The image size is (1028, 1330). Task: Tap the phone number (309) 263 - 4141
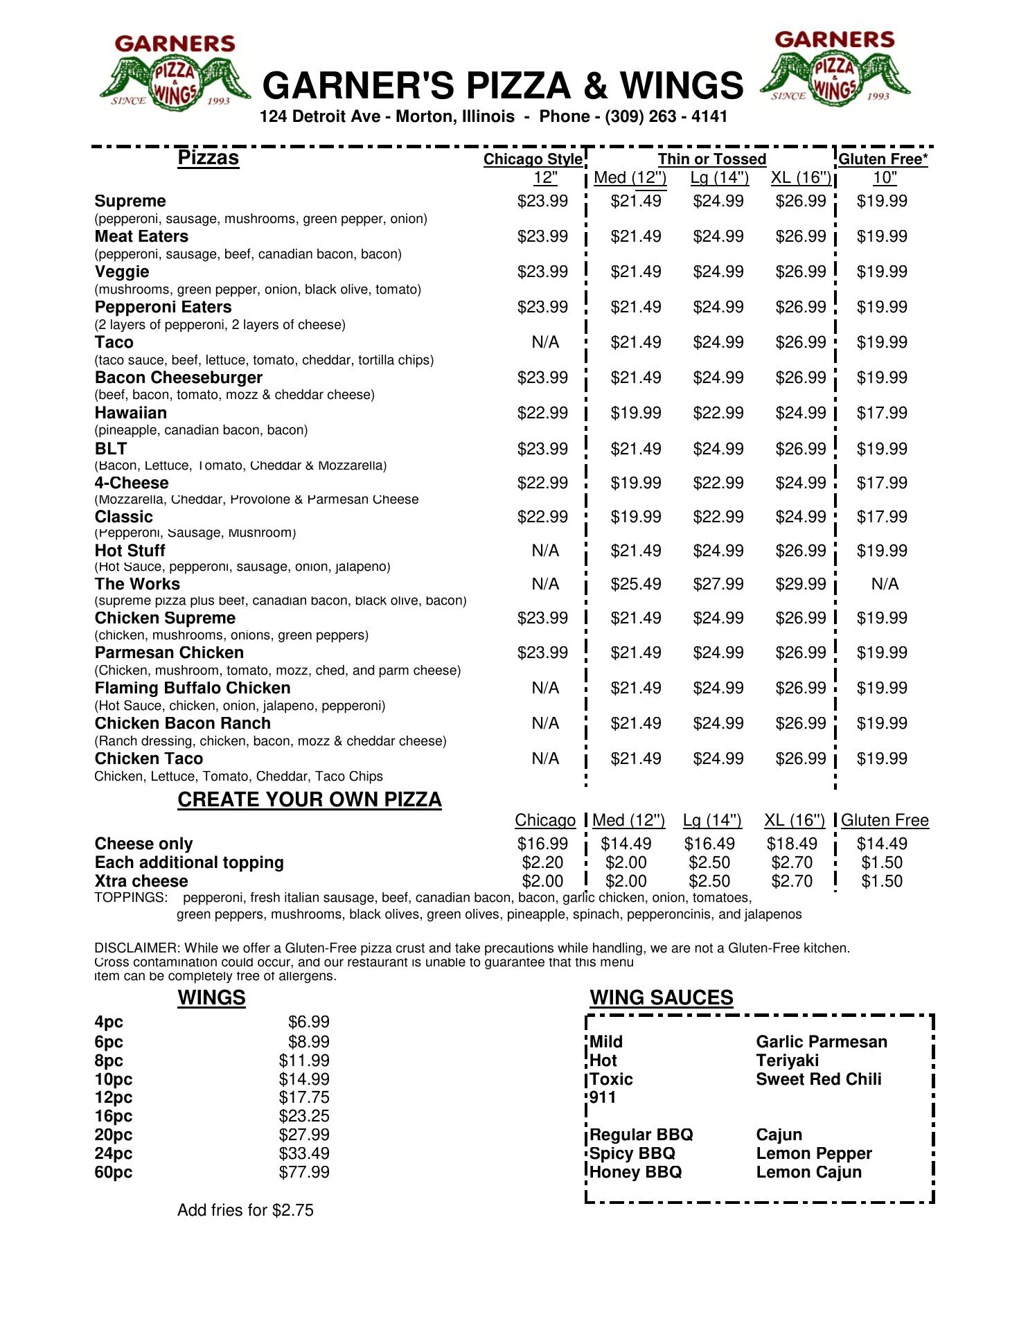pyautogui.click(x=666, y=116)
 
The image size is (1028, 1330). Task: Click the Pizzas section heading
pyautogui.click(x=208, y=158)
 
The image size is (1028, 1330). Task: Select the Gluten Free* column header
pyautogui.click(x=883, y=159)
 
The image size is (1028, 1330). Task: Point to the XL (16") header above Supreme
pyautogui.click(x=801, y=178)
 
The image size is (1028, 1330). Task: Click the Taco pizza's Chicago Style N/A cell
pyautogui.click(x=545, y=342)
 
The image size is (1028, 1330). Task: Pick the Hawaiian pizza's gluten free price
pyautogui.click(x=882, y=413)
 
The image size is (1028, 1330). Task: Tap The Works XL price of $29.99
pyautogui.click(x=801, y=584)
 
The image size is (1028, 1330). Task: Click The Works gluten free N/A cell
pyautogui.click(x=885, y=584)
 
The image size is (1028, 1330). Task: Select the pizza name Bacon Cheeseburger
pyautogui.click(x=179, y=378)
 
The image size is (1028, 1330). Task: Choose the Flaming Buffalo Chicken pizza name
pyautogui.click(x=193, y=688)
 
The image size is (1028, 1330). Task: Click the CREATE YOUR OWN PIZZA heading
pyautogui.click(x=310, y=799)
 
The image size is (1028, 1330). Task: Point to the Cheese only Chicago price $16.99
pyautogui.click(x=542, y=844)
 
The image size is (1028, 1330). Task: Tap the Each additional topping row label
pyautogui.click(x=189, y=862)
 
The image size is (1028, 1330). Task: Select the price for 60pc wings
pyautogui.click(x=304, y=1172)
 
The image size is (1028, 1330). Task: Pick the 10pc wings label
pyautogui.click(x=114, y=1079)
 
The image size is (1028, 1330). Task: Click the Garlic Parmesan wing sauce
pyautogui.click(x=822, y=1042)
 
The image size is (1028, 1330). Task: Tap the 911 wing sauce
pyautogui.click(x=603, y=1097)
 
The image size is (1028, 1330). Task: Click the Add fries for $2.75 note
pyautogui.click(x=245, y=1210)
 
